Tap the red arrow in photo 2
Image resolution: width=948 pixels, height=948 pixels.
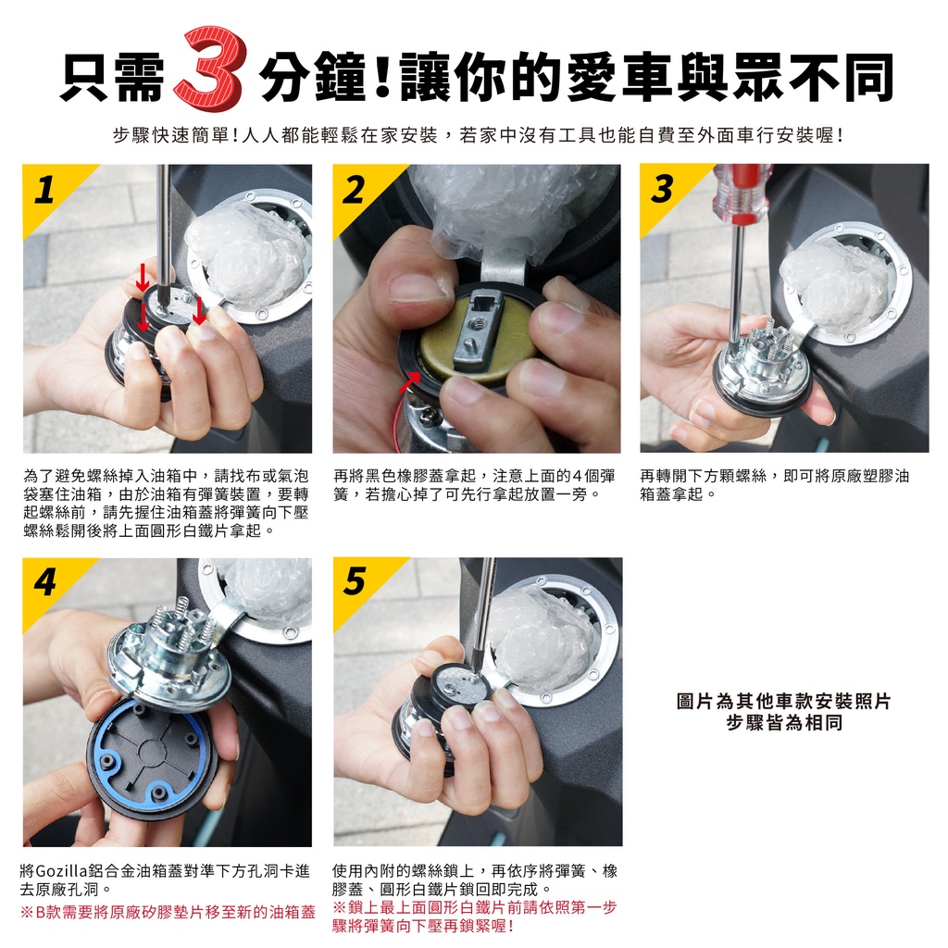[409, 382]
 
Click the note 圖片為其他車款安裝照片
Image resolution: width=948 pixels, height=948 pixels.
[784, 702]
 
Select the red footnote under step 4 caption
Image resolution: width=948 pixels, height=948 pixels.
[168, 912]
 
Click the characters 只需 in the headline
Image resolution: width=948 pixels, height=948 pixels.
[113, 78]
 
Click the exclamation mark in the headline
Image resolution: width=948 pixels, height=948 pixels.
[382, 78]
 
